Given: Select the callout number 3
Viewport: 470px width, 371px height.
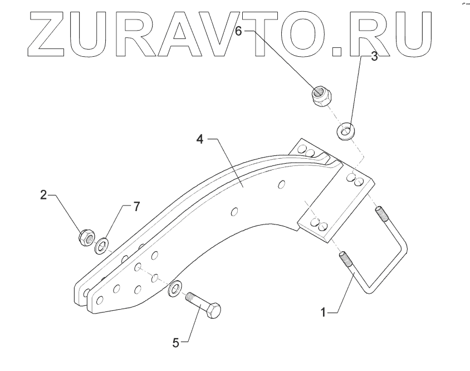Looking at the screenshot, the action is (374, 56).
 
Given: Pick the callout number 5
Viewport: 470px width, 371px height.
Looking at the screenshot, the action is (176, 343).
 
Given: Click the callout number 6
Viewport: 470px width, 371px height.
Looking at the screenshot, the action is (238, 32).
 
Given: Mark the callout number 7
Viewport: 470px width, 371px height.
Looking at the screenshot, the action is (136, 207).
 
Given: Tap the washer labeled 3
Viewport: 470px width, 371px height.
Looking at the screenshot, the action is (346, 132).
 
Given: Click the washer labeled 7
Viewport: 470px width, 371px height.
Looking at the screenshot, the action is (102, 245).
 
